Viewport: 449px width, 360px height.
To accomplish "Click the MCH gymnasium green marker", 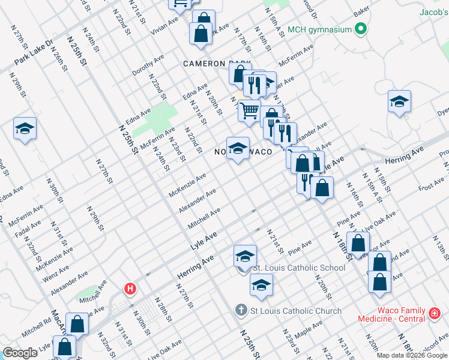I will tap(361, 28).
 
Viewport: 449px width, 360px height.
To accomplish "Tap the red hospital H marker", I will tap(130, 289).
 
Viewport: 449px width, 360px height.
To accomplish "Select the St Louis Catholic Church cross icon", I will tap(240, 310).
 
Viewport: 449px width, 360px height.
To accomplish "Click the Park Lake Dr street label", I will tap(34, 52).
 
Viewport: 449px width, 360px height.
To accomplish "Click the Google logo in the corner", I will tap(20, 352).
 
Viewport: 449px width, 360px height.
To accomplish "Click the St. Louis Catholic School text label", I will tap(298, 268).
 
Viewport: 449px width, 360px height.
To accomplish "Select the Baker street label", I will tap(361, 11).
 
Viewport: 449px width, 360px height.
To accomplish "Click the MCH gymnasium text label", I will tap(319, 29).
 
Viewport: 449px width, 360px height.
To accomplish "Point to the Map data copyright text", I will tap(412, 355).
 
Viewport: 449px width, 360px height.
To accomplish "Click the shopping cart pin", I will tap(249, 110).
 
